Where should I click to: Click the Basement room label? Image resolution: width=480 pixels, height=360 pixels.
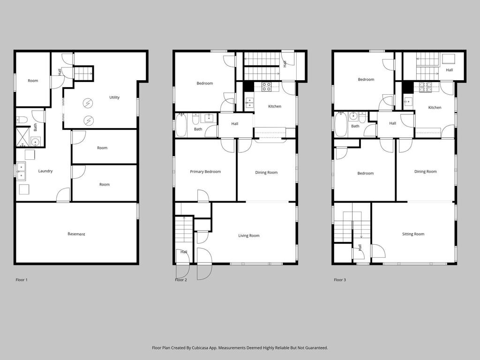76,234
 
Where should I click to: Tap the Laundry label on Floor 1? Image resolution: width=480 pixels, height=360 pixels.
45,171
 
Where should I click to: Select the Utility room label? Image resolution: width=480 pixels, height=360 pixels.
114,97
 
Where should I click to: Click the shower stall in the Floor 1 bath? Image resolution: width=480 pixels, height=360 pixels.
22,135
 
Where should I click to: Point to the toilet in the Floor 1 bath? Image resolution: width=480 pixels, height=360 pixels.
22,120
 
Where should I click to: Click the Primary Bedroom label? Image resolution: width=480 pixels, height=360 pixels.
205,172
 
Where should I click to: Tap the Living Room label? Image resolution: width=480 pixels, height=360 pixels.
249,236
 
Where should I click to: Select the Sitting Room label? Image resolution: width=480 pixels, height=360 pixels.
413,234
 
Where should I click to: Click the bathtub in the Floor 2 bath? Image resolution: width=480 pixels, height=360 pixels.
181,125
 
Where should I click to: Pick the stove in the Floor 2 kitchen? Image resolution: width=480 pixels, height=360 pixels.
266,87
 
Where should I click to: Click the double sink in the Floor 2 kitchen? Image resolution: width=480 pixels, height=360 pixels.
249,103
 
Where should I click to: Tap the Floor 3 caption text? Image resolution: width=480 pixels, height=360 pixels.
340,280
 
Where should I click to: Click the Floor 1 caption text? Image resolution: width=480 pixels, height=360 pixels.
22,280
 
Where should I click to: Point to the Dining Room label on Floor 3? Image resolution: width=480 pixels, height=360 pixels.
426,172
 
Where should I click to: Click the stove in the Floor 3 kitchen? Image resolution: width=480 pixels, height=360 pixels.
426,87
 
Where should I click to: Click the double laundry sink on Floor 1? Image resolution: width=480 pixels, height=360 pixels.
21,171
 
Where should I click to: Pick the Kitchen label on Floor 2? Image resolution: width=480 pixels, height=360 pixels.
275,106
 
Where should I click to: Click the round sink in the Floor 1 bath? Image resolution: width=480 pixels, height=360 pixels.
36,142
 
